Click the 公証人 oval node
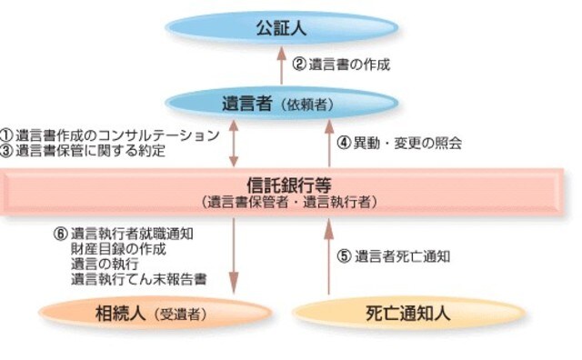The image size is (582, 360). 281,28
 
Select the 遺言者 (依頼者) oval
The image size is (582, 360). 281,102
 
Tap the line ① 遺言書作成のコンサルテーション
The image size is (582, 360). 110,135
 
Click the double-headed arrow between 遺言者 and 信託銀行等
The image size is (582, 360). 234,142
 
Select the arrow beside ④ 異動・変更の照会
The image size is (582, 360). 329,143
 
